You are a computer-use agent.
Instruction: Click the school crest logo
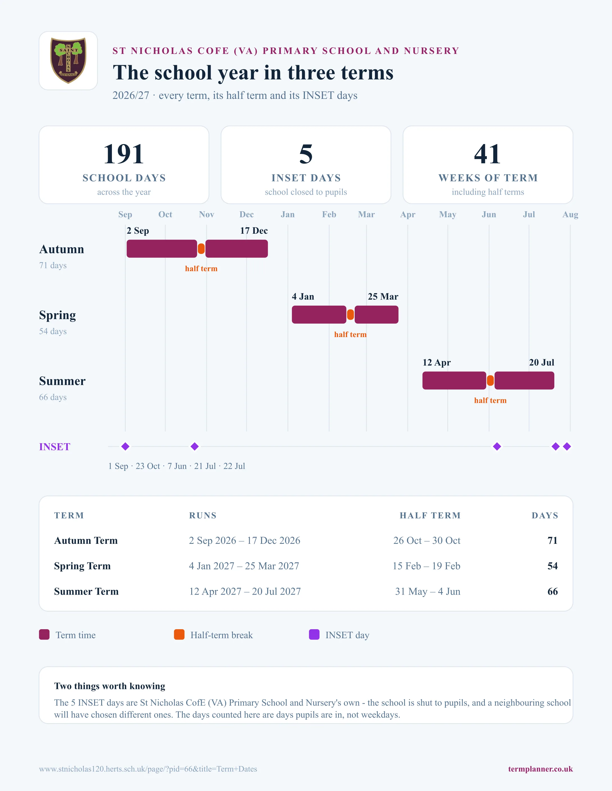point(68,60)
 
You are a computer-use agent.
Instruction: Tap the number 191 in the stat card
point(124,154)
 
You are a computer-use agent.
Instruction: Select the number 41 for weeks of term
point(488,154)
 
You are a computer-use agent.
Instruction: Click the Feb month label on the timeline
point(329,214)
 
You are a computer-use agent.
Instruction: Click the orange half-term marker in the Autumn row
point(201,249)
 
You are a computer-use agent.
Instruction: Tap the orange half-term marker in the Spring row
point(350,315)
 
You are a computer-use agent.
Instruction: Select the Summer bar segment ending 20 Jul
point(524,381)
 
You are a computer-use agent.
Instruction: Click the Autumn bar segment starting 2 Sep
point(162,249)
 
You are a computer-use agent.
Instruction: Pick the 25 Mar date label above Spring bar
point(383,297)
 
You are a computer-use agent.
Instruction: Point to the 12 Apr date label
point(436,363)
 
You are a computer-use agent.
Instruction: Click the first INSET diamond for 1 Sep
point(125,447)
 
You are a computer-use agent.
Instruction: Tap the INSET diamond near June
point(497,447)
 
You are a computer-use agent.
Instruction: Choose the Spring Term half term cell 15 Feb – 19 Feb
point(426,566)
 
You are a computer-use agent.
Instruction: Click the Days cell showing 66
point(553,592)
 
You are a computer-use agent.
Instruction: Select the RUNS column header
point(203,515)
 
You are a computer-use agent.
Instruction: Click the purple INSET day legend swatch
point(314,635)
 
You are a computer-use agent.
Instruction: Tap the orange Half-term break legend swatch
point(179,635)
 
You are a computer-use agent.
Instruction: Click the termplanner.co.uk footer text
point(540,769)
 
